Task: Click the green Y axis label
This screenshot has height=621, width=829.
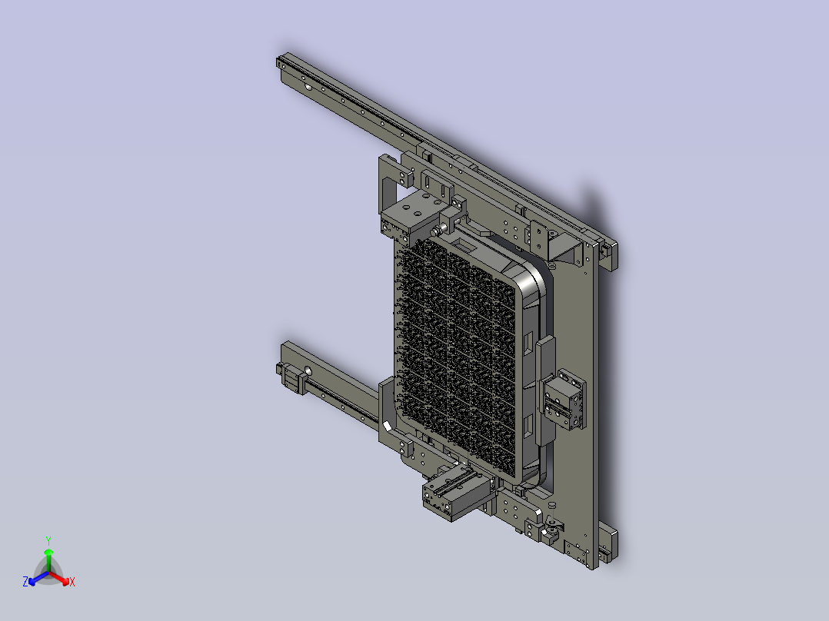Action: click(48, 540)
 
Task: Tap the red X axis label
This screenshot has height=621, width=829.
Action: click(72, 582)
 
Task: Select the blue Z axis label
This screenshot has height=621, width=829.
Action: click(25, 582)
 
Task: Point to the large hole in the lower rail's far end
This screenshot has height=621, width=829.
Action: click(308, 371)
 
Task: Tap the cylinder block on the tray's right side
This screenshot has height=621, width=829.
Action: click(564, 400)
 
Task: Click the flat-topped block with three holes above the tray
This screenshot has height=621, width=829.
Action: click(411, 215)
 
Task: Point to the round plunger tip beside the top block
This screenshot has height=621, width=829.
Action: click(438, 231)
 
